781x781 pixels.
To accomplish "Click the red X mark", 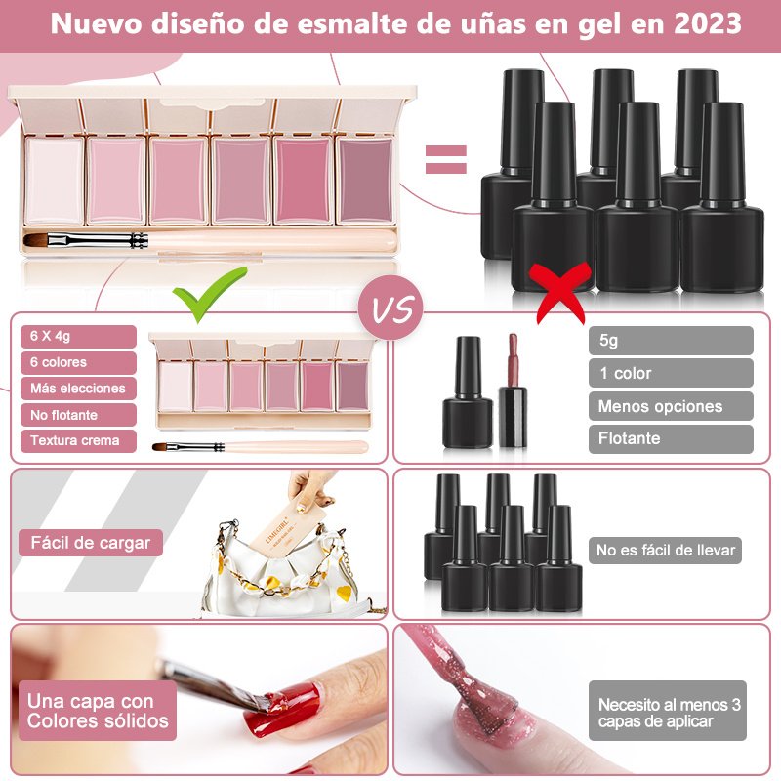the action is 560,293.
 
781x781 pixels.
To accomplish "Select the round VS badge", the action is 390,308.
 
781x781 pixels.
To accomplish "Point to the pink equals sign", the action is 446,159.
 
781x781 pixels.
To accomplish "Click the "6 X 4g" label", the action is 78,336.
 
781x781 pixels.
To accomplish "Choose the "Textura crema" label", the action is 78,441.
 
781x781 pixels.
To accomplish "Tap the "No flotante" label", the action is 78,415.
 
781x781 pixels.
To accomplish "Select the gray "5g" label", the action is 671,341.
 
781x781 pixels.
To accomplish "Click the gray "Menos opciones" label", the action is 671,406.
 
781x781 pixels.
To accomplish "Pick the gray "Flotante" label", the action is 671,438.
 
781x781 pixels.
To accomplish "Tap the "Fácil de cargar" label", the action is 91,543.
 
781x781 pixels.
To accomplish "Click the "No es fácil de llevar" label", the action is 666,550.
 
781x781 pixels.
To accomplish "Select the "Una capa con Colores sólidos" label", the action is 98,711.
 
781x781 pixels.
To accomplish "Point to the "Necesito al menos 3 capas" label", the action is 668,711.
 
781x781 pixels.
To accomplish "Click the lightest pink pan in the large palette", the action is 54,181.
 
